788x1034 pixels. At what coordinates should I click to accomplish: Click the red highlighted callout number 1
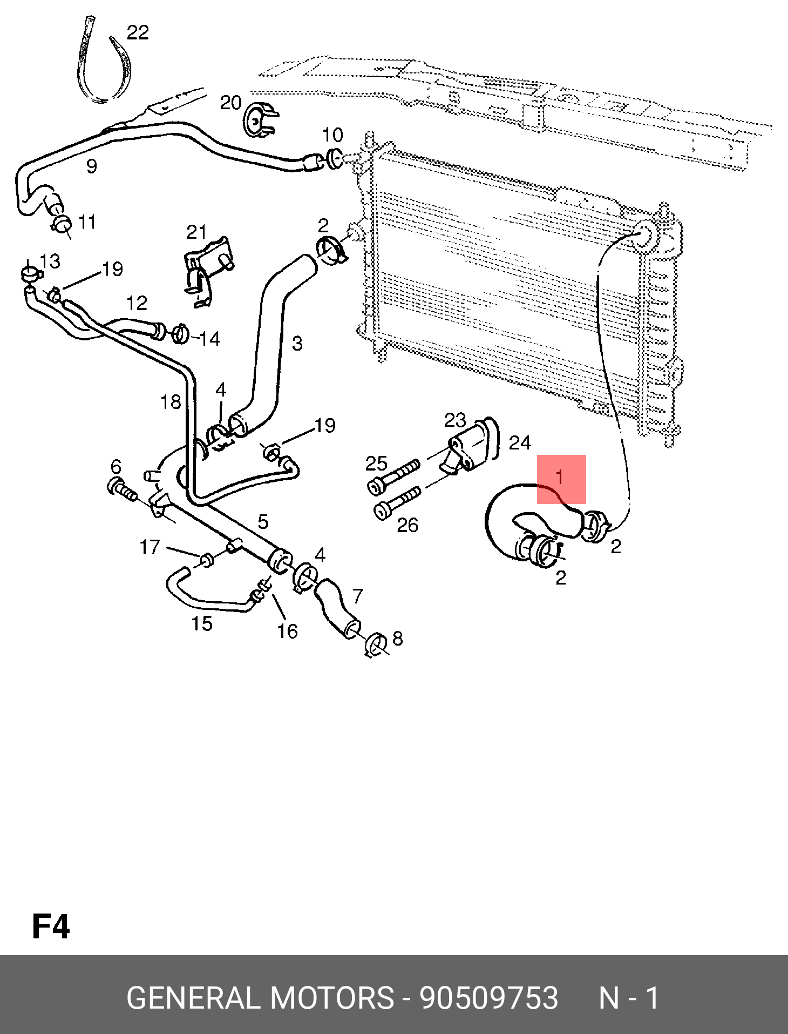coord(560,477)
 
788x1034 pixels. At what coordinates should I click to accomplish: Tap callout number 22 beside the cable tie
coord(138,33)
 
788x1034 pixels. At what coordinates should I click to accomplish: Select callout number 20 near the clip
coord(230,102)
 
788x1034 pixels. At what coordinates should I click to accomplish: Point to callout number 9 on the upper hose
coord(92,166)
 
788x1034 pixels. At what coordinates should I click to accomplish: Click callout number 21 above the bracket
coord(196,232)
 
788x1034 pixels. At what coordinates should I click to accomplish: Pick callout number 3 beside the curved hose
coord(297,344)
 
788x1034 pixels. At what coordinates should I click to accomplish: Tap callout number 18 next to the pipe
coord(171,402)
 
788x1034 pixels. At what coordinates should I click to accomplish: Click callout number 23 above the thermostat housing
coord(455,420)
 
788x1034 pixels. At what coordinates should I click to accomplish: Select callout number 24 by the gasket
coord(520,443)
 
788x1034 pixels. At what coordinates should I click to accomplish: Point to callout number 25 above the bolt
coord(376,464)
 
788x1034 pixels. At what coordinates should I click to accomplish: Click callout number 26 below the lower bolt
coord(407,525)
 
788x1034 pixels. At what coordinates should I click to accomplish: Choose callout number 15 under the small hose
coord(202,624)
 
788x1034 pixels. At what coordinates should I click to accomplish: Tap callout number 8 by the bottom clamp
coord(398,639)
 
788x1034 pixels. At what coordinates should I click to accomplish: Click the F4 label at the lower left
coord(51,926)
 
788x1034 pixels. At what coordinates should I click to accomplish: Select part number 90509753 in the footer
coord(489,998)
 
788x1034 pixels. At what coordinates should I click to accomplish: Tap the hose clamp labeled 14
coord(180,334)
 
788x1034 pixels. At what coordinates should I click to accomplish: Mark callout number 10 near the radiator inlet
coord(332,135)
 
